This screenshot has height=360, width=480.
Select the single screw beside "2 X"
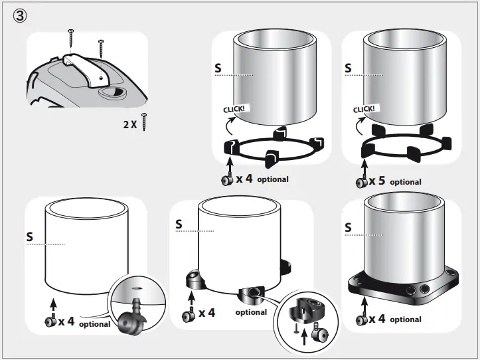[x=143, y=122]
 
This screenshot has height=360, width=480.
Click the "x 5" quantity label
[x=378, y=181]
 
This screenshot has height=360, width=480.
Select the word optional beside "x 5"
[x=405, y=182]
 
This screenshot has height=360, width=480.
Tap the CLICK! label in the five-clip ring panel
[x=364, y=109]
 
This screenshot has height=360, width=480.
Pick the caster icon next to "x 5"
[x=361, y=182]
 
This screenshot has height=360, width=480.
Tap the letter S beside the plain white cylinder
[x=29, y=236]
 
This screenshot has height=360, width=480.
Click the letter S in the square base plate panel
[x=349, y=228]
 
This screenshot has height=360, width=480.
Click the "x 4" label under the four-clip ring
[x=244, y=179]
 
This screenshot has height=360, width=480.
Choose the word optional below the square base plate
[x=405, y=319]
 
